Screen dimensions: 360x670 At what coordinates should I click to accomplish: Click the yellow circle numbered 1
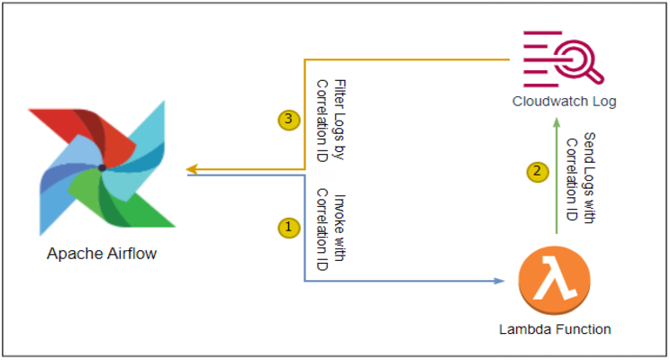288,228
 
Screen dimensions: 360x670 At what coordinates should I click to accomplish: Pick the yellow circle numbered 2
537,170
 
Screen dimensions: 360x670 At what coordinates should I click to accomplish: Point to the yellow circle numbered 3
288,118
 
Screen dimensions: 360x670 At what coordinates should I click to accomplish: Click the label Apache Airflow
102,254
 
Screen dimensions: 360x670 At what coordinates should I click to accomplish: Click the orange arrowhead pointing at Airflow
192,168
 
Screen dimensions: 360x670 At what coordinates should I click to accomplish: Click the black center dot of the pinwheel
102,167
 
